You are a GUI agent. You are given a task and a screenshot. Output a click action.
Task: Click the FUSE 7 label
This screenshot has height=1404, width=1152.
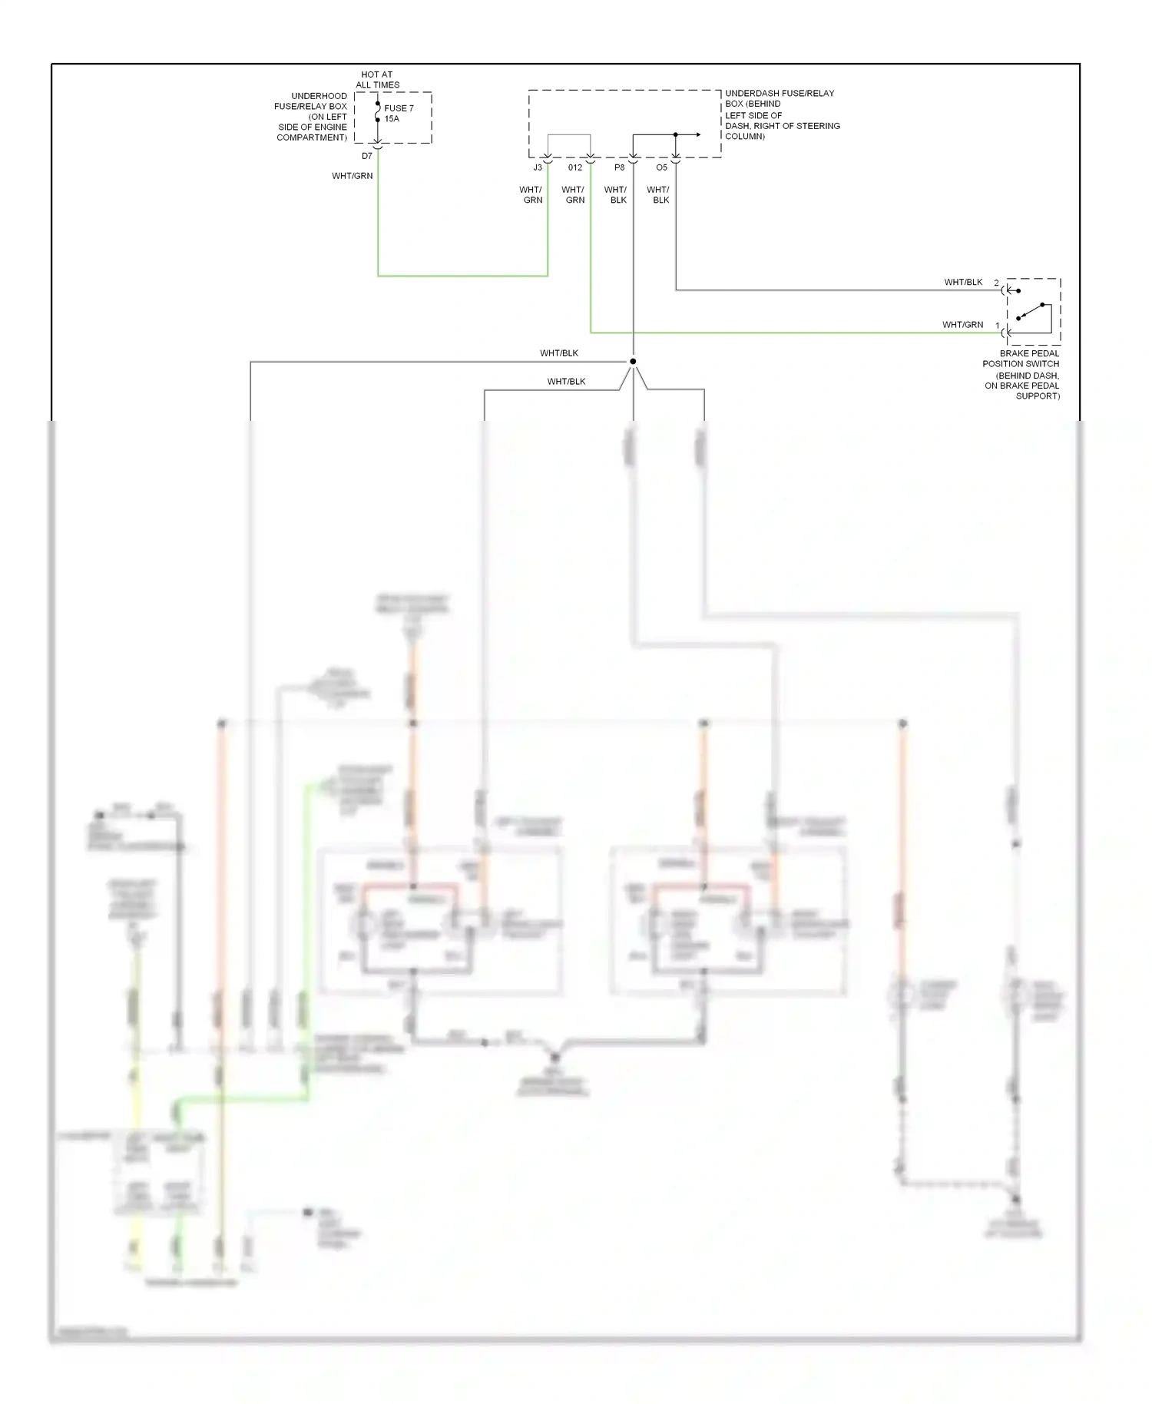coord(399,108)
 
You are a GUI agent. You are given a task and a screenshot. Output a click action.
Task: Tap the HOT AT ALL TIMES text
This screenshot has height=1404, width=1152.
coord(377,80)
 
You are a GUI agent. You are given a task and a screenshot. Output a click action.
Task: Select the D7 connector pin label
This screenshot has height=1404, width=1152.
coord(367,156)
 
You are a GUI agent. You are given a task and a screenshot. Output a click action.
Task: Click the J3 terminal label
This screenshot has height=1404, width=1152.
coord(538,167)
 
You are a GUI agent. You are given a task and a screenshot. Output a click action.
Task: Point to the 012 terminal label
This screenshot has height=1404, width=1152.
coord(575,167)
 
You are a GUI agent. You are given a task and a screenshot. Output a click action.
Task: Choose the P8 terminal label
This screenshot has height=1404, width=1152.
coord(620,167)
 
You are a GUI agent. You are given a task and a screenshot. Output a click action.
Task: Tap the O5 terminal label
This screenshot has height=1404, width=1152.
coord(662,167)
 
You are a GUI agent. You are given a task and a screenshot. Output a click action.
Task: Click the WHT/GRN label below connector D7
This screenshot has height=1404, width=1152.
coord(353,176)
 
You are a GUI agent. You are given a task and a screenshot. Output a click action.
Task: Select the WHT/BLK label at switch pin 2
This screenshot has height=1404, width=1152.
coord(963,282)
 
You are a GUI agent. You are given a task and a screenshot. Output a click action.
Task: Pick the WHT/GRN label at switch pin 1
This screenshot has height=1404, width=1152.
coord(962,325)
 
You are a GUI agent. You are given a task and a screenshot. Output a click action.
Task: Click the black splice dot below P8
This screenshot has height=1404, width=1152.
coord(633,361)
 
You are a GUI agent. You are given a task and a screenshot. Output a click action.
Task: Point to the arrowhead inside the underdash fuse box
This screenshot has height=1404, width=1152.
coord(698,134)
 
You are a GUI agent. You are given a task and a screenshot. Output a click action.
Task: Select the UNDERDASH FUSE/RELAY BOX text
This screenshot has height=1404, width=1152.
coord(782,114)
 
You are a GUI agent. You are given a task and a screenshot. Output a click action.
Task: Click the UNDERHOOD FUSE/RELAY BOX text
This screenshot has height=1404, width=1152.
coord(313,117)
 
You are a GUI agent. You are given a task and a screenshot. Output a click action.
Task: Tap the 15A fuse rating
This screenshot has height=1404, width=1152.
coord(392,119)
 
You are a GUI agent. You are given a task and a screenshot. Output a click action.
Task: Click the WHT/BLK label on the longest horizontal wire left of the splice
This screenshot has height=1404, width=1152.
coord(558,353)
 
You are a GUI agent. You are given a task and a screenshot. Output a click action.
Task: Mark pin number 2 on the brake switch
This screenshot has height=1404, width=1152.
coord(997,283)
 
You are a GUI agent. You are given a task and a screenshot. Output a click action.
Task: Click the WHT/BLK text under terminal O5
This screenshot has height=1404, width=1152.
coord(658,194)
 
